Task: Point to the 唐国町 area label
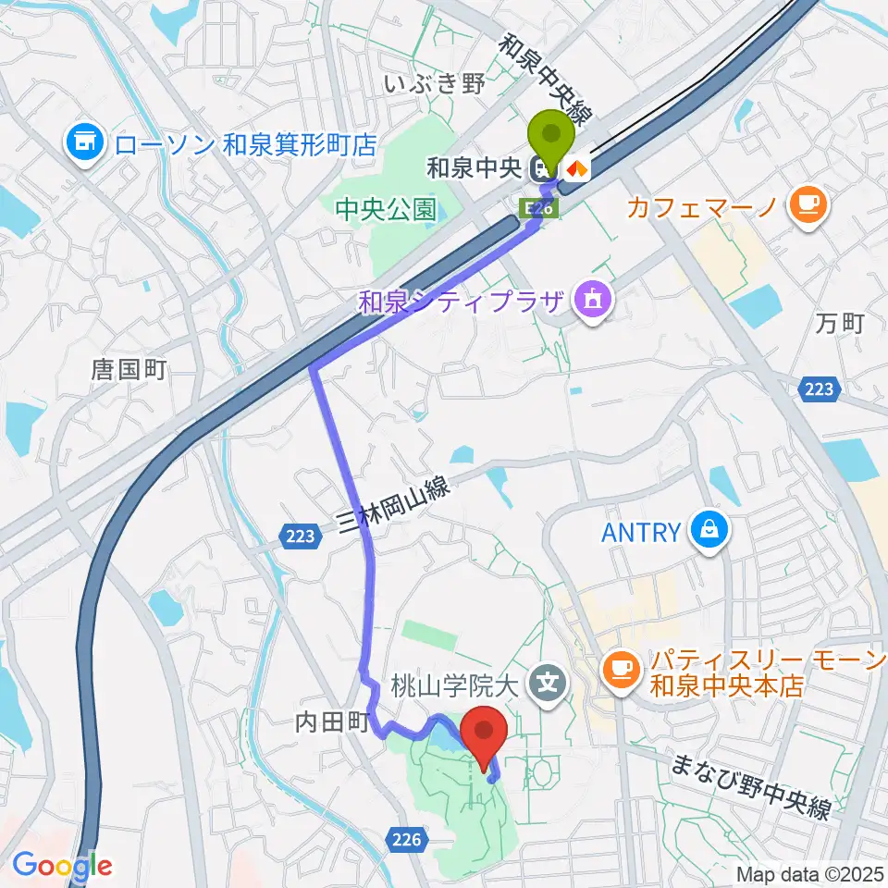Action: pos(129,370)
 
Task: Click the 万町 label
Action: pos(840,323)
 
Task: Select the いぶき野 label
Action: pos(434,86)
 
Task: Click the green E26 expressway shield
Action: pos(542,209)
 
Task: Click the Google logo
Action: pos(62,865)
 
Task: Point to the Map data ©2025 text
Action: pos(808,874)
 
